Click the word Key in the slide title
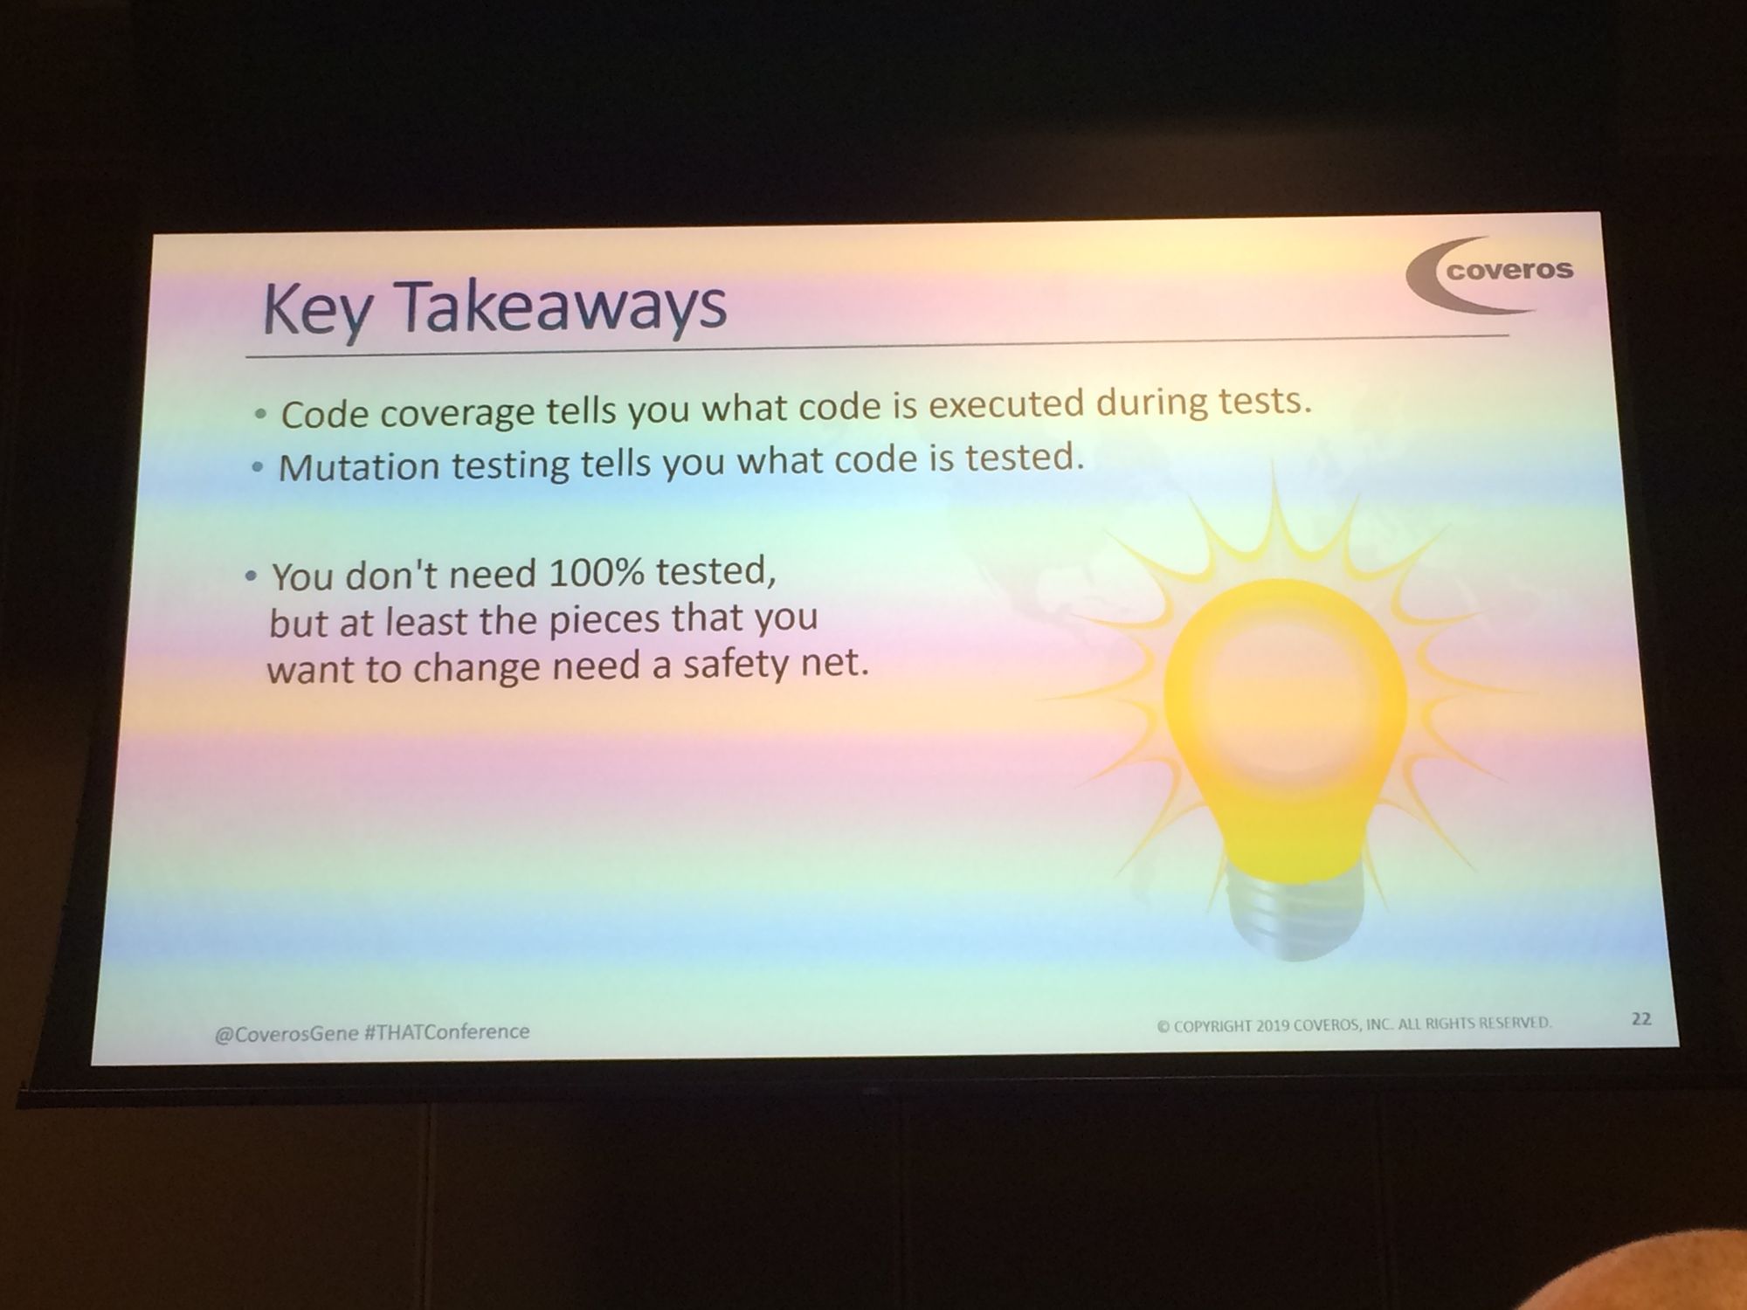tap(315, 311)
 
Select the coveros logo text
tap(1509, 270)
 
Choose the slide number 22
tap(1641, 1018)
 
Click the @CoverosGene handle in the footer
tap(287, 1033)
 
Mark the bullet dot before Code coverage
tap(260, 417)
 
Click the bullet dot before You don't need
tap(252, 576)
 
